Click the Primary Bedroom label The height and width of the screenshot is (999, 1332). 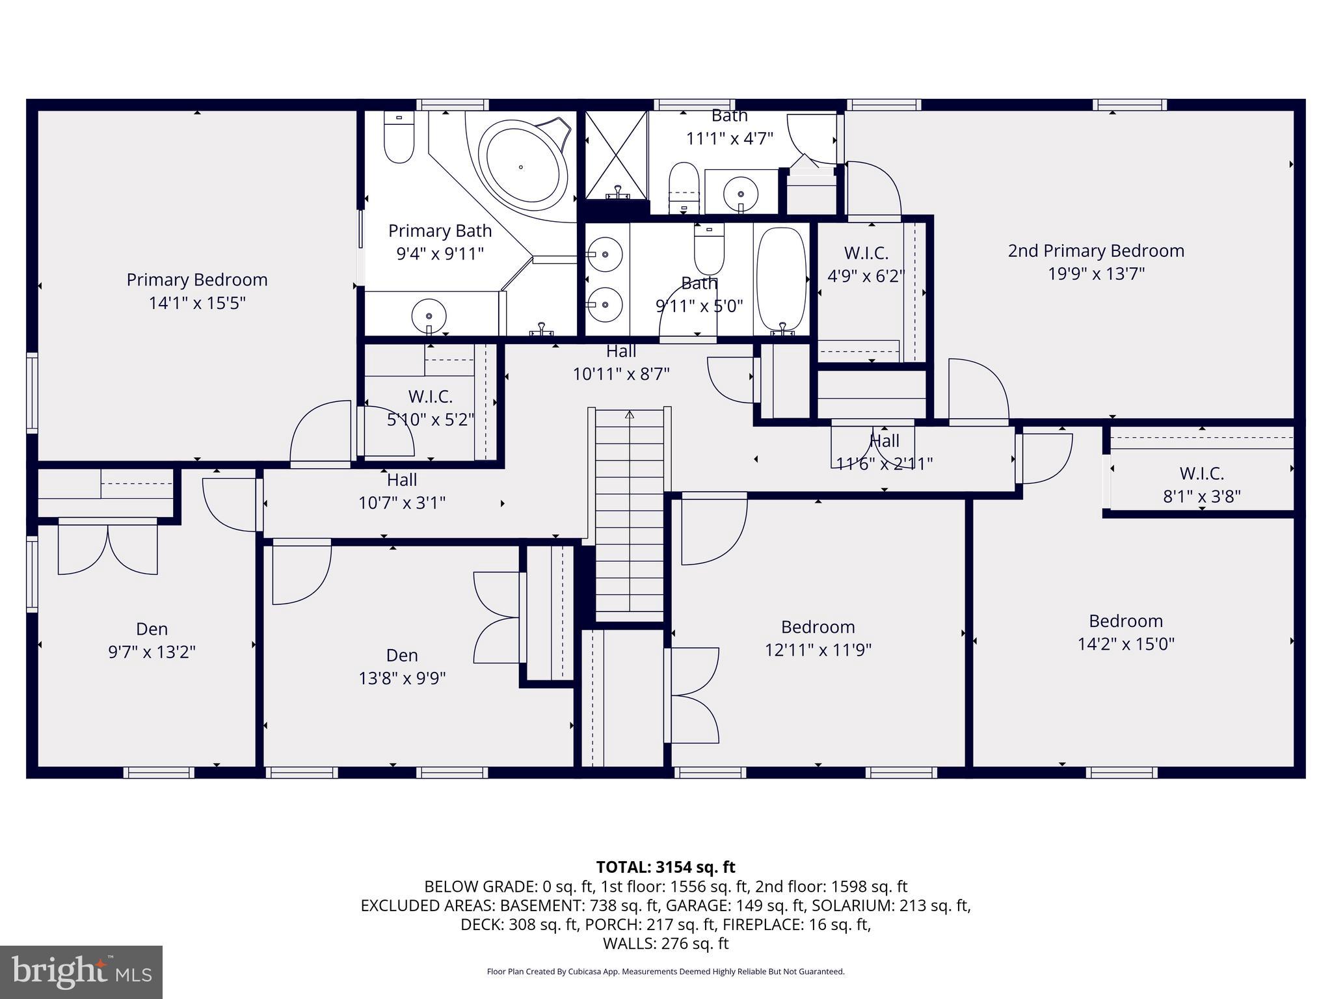tap(197, 280)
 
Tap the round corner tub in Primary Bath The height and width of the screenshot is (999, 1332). tap(521, 166)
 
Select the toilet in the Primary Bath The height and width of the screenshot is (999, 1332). tap(399, 138)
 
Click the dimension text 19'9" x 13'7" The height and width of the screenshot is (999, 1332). tap(1096, 274)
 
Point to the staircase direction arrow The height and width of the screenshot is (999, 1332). tap(629, 415)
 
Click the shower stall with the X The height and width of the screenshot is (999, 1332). tap(616, 155)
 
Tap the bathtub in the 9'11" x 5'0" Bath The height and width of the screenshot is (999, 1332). tap(781, 282)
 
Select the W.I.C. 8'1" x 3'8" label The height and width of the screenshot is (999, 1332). tap(1201, 485)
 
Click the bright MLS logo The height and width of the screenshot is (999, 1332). tap(81, 972)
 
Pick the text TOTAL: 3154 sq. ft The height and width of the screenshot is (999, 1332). tap(665, 867)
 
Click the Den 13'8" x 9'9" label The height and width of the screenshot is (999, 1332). tap(402, 667)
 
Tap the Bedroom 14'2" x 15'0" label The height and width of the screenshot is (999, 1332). tap(1126, 632)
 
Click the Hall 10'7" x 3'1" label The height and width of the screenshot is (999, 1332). tap(402, 491)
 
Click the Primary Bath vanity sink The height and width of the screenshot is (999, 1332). tap(429, 316)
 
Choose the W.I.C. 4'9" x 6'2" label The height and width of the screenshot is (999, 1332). tap(866, 264)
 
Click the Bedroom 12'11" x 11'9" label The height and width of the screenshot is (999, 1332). tap(818, 638)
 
